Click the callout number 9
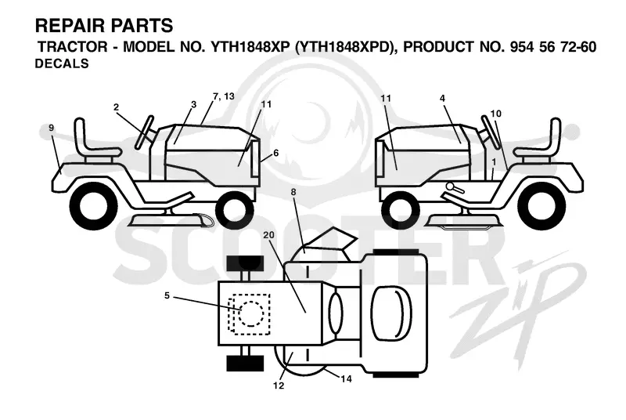[51, 128]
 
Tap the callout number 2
[116, 107]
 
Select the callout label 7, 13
[224, 96]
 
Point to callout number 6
[276, 153]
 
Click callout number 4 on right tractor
[442, 98]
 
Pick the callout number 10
[495, 114]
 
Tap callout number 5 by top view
[167, 295]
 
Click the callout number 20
[268, 235]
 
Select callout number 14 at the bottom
[346, 378]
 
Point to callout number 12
[279, 386]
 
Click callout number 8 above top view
[293, 192]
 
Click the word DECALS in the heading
[62, 63]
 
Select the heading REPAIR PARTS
[104, 26]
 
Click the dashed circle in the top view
[251, 313]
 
